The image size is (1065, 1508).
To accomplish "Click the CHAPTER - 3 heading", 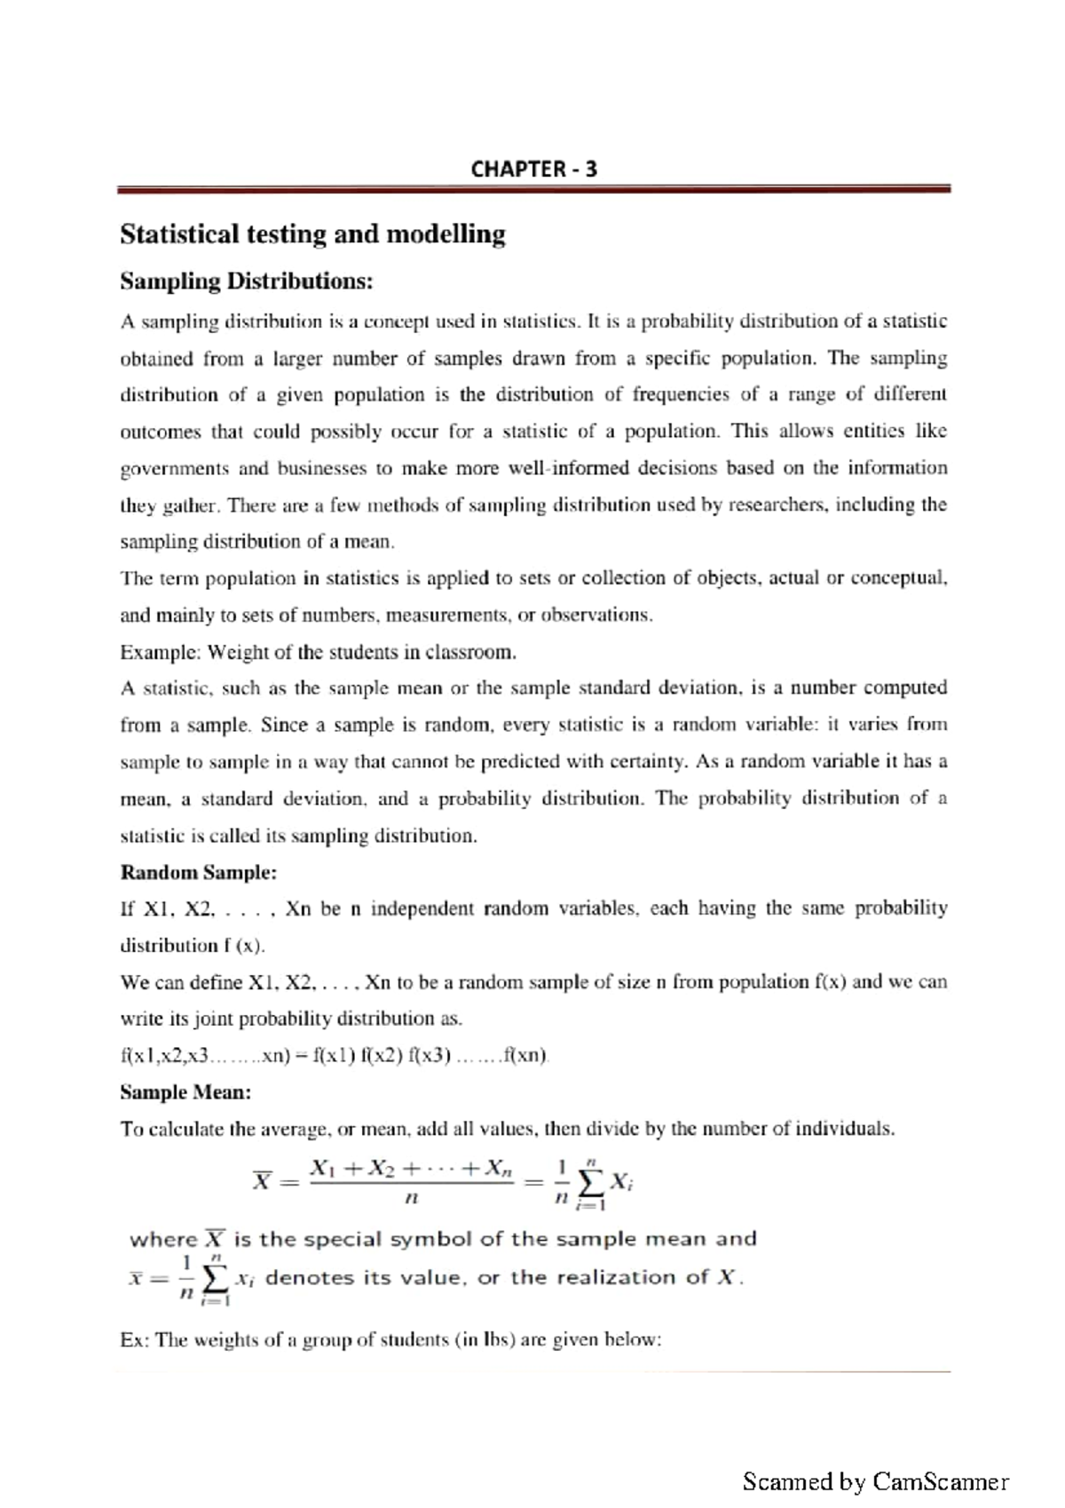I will coord(533,169).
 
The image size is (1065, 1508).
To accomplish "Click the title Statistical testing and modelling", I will coord(312,234).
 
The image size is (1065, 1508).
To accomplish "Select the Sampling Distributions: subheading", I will coord(246,282).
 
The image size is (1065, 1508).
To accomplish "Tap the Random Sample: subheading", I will coord(198,872).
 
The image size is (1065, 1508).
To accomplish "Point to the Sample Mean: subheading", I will coord(185,1092).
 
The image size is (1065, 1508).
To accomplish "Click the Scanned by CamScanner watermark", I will coord(875,1481).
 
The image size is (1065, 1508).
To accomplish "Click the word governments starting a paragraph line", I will coord(174,469).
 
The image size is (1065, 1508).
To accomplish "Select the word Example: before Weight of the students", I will coord(160,653).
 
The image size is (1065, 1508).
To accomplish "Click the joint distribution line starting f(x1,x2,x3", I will coord(335,1056).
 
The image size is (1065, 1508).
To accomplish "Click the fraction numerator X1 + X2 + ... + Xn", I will coord(410,1169).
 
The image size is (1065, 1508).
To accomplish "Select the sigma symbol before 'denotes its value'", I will coord(214,1280).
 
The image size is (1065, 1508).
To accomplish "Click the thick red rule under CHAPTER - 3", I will coord(533,189).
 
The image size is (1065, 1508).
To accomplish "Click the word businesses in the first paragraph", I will coord(321,468).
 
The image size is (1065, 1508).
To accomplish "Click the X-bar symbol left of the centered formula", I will coord(262,1181).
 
